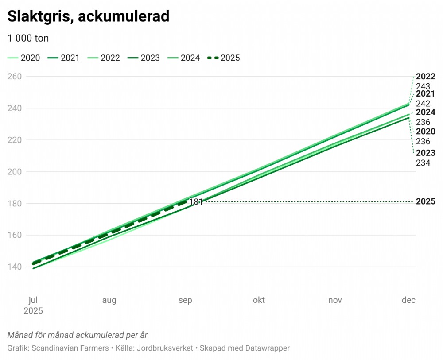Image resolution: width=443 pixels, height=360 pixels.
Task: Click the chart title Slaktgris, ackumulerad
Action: point(89,16)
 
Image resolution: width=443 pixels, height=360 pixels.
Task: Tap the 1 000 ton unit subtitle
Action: point(28,38)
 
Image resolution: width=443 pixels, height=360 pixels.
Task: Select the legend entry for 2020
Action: point(24,58)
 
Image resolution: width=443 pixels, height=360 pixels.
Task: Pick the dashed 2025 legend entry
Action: point(224,58)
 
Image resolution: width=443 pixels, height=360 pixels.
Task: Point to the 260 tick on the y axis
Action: point(16,77)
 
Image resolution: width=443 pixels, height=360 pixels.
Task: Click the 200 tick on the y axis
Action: point(16,172)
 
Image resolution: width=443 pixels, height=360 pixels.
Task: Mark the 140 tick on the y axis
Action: point(16,267)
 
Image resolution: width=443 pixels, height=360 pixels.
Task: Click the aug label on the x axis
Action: point(109,300)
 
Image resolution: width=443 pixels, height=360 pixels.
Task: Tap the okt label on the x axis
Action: point(259,300)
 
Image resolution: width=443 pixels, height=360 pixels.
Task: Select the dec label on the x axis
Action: point(408,300)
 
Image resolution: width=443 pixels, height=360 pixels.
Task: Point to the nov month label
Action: point(335,300)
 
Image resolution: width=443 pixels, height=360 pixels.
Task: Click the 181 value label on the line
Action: point(196,202)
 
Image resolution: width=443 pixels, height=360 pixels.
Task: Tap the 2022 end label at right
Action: point(425,77)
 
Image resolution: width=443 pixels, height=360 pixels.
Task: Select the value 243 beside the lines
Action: point(423,86)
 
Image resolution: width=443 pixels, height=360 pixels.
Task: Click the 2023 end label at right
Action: point(425,153)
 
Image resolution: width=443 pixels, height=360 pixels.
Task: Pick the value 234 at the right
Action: point(423,163)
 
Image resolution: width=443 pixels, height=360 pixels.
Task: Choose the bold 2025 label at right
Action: point(425,202)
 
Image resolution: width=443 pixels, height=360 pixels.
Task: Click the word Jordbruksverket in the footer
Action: point(164,348)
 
